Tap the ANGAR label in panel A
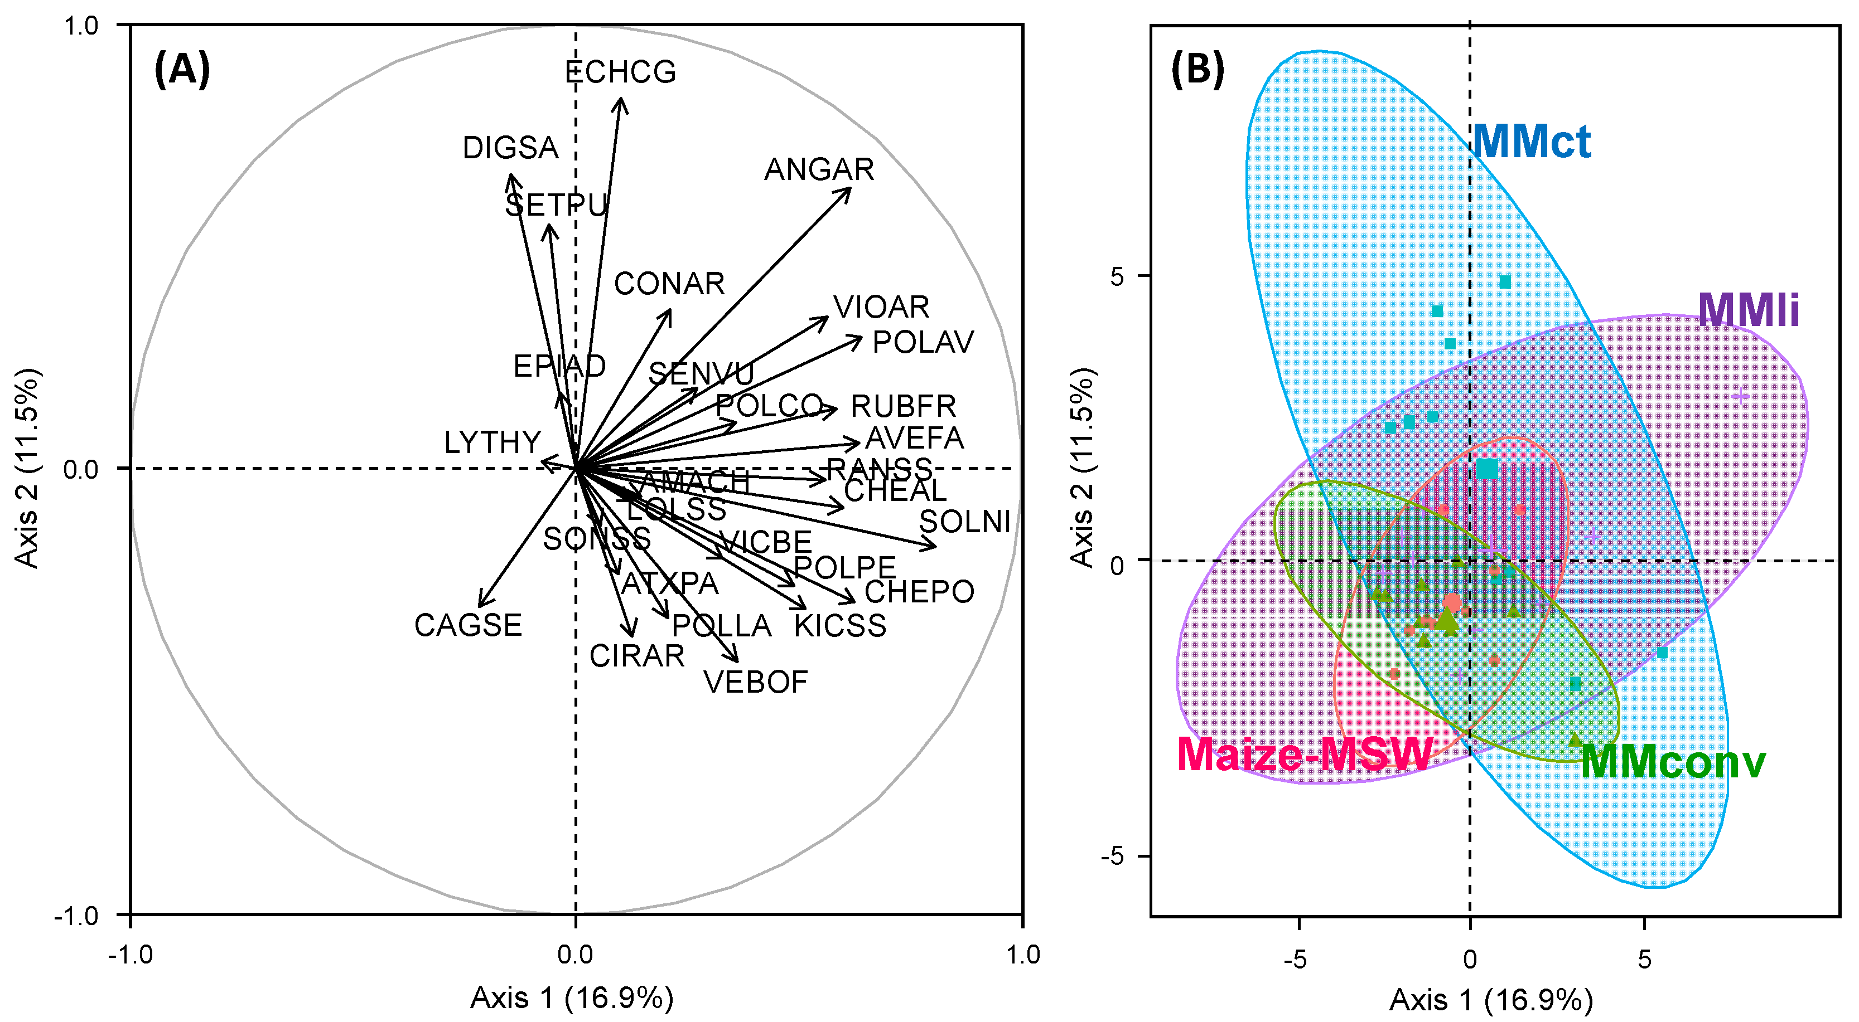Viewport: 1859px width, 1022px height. coord(819,170)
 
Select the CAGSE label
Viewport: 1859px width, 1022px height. coord(467,625)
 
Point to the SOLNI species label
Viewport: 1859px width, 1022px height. coord(964,522)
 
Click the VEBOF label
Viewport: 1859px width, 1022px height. coord(756,682)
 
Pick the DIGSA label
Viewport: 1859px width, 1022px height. coord(510,148)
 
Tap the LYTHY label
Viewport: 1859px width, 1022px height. coord(492,442)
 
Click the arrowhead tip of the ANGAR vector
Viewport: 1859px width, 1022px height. coord(851,188)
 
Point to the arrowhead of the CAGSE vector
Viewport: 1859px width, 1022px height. coord(479,606)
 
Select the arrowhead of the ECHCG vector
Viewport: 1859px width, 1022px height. coord(621,99)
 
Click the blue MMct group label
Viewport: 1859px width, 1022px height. coord(1530,142)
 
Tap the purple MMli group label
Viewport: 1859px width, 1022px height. coord(1748,310)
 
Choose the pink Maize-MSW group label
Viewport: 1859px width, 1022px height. coord(1304,755)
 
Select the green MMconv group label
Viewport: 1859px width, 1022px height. coord(1673,762)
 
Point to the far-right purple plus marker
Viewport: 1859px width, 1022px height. coord(1741,396)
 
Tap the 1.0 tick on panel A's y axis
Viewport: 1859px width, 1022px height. coord(81,26)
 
